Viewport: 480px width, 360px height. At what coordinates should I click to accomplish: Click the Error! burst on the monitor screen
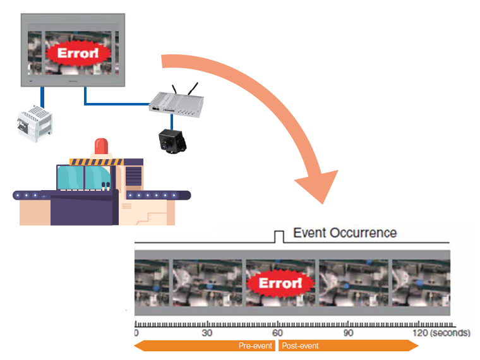[78, 53]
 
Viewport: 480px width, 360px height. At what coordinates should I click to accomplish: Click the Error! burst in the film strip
[280, 283]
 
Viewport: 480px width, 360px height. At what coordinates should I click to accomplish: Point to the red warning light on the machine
[101, 147]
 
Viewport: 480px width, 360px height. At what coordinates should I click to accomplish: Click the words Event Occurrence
[345, 233]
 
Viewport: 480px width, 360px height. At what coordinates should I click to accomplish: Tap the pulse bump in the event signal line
[279, 237]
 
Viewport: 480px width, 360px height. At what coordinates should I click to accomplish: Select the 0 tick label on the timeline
[136, 333]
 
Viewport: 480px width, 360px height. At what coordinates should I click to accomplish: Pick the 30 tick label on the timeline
[207, 333]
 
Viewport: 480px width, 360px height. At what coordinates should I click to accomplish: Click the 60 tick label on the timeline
[277, 333]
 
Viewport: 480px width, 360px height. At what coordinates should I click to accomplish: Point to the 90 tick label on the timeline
[347, 333]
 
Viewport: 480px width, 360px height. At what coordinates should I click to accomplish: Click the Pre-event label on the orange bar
[255, 345]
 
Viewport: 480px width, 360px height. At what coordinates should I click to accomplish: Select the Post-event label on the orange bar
[300, 345]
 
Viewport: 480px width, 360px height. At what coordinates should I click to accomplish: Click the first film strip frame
[151, 284]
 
